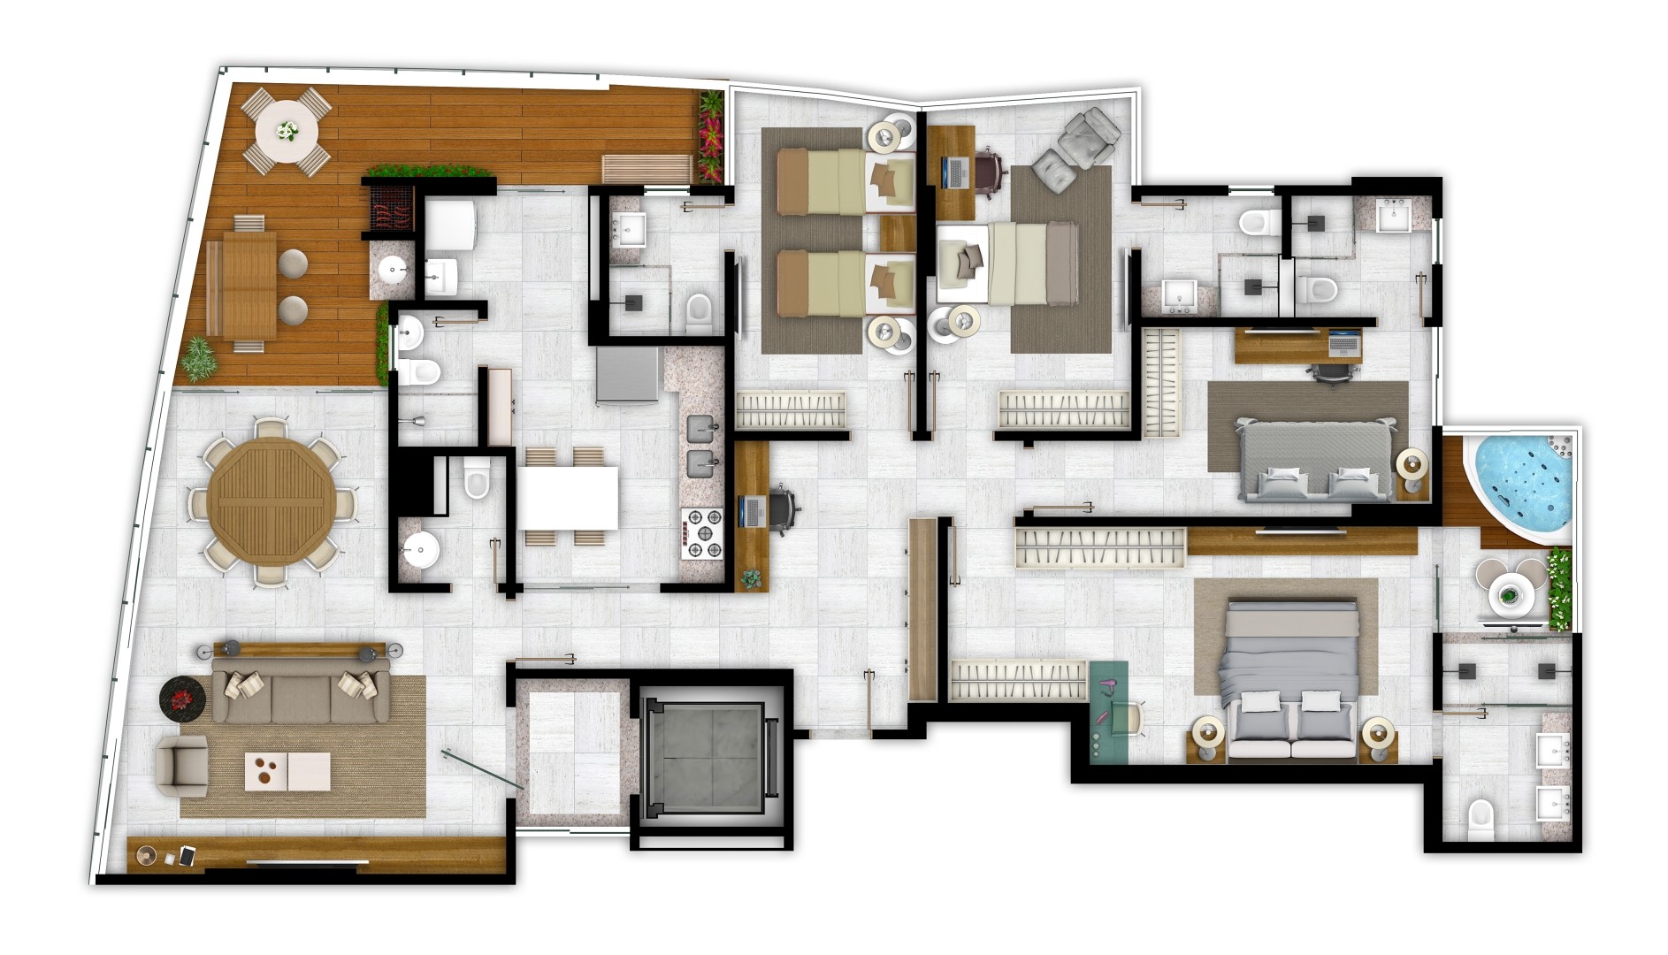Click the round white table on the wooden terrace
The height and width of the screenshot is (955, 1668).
[x=286, y=132]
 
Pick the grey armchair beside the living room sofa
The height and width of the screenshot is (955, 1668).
[x=182, y=766]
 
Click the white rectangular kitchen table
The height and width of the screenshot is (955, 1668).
[x=567, y=497]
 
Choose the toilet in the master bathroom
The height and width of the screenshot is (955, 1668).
[x=1480, y=821]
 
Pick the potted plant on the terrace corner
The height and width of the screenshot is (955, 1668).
[x=199, y=358]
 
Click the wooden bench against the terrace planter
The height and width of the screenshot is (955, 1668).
[x=647, y=167]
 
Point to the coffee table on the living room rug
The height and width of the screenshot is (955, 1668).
[x=287, y=771]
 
